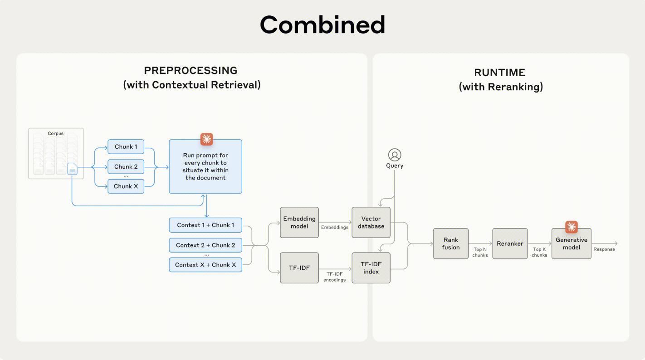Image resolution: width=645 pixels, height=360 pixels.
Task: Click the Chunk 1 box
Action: pos(126,147)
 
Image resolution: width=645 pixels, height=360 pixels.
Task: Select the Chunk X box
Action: pos(126,186)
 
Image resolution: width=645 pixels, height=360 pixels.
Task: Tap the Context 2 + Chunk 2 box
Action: pos(205,245)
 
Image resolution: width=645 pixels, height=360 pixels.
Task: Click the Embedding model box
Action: pos(299,223)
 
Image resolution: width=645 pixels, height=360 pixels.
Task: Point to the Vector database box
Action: pos(371,223)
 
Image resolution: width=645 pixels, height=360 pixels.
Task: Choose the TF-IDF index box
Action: pos(371,268)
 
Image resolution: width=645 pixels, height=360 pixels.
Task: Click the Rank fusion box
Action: pos(450,243)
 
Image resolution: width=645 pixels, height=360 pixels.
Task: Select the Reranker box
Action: pos(510,243)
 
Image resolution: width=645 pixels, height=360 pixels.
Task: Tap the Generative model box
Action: pos(571,243)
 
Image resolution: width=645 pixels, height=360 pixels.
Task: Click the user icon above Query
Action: pos(395,155)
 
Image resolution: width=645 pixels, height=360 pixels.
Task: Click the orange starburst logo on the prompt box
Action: pos(206,139)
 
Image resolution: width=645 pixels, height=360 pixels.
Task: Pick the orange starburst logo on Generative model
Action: pos(571,227)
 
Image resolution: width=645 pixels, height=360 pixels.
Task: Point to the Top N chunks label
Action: pos(480,252)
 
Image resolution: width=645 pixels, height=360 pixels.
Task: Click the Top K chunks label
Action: pos(539,252)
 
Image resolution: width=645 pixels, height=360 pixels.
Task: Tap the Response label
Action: pos(604,249)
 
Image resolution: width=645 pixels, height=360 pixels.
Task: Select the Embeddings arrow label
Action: pos(335,227)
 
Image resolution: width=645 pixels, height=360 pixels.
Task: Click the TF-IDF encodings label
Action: pos(334,277)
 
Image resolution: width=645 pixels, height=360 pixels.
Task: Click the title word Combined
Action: pos(322,25)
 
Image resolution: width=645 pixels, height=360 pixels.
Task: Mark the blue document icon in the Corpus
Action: pos(72,169)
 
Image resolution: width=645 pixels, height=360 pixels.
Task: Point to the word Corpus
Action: pos(56,133)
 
